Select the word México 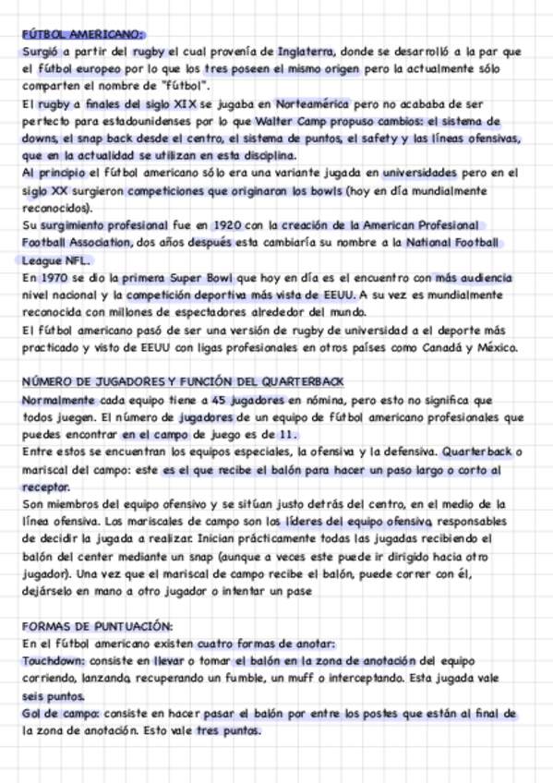(x=499, y=347)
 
